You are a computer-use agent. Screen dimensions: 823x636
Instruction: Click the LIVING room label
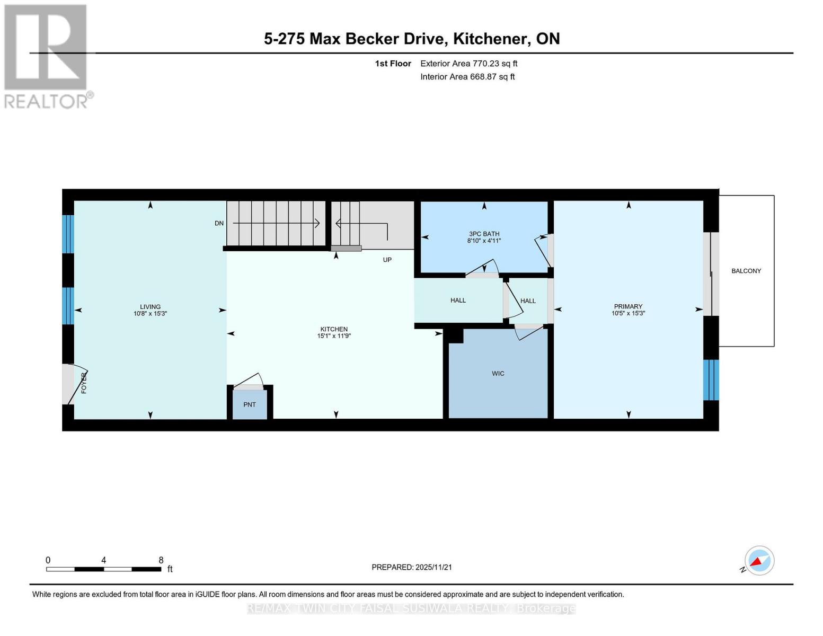[x=150, y=306]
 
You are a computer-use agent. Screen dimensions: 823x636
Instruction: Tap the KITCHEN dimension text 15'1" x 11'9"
[x=334, y=335]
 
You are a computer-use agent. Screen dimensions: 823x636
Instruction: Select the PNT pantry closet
[x=250, y=404]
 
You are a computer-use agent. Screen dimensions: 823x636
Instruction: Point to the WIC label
[x=498, y=374]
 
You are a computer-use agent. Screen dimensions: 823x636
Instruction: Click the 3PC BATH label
[x=484, y=234]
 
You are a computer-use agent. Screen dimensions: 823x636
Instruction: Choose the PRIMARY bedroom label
[x=628, y=306]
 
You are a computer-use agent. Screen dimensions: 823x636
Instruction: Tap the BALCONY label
[x=746, y=271]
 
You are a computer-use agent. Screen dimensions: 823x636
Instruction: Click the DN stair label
[x=219, y=224]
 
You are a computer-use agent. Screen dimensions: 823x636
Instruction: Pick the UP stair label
[x=387, y=260]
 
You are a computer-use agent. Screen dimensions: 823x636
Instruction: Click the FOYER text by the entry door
[x=84, y=383]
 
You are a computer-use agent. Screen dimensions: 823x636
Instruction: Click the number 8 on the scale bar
[x=161, y=560]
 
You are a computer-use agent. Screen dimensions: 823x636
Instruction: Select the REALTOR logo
[x=47, y=57]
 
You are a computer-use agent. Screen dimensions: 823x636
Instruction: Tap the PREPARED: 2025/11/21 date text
[x=412, y=567]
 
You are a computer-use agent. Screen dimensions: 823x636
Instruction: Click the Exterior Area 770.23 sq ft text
[x=468, y=64]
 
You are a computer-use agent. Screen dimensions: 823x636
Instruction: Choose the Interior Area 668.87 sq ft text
[x=467, y=77]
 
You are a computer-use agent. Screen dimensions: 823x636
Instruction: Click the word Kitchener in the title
[x=491, y=39]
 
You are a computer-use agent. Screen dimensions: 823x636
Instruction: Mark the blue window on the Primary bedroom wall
[x=711, y=379]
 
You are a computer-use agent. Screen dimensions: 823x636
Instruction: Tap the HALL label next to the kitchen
[x=458, y=301]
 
